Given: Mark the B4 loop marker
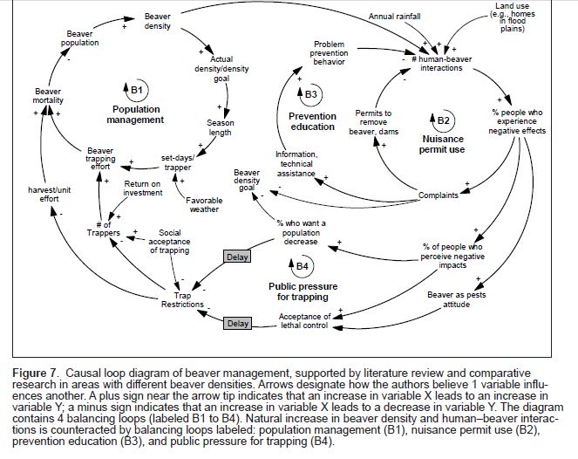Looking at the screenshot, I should click(298, 265).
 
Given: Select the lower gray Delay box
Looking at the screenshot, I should click(237, 324).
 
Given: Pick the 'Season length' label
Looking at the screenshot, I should click(221, 128).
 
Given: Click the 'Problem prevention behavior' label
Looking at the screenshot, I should click(330, 52).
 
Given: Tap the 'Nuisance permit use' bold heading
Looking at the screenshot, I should click(444, 143).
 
